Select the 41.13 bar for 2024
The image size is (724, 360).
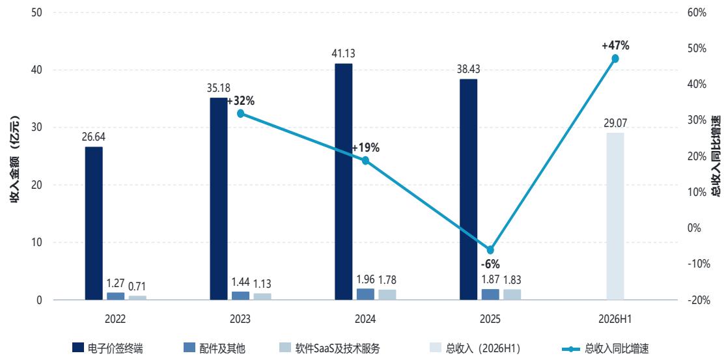344,182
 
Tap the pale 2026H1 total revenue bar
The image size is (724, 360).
615,217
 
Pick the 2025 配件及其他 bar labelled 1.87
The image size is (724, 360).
490,294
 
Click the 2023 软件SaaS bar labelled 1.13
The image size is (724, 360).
262,297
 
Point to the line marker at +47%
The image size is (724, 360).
615,59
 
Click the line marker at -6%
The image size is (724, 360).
490,250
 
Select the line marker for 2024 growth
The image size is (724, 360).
365,160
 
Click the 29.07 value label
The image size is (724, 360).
615,124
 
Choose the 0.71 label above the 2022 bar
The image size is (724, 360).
137,286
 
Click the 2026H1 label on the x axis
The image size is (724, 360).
615,319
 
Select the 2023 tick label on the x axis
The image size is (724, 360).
240,319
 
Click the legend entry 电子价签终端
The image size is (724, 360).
111,348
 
